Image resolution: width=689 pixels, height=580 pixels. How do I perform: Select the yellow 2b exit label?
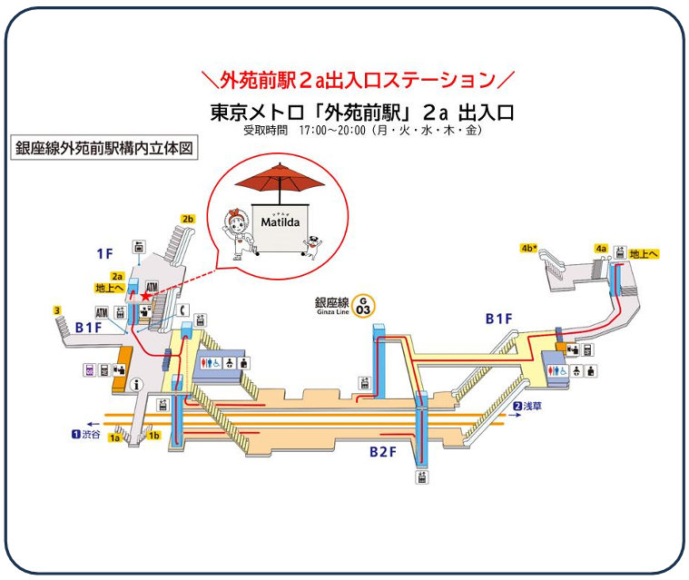tap(188, 219)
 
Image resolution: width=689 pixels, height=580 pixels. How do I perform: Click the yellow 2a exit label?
tap(117, 276)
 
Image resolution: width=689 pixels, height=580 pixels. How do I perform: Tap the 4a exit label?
tap(600, 248)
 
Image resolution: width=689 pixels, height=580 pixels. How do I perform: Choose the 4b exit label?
tap(529, 248)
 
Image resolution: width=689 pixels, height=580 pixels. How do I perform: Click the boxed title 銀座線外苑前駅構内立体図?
tap(104, 149)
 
